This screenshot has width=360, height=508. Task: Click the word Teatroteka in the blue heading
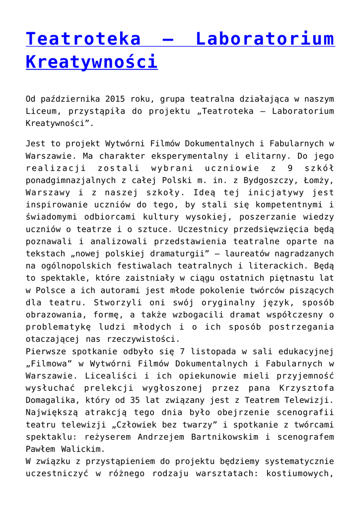(x=83, y=39)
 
